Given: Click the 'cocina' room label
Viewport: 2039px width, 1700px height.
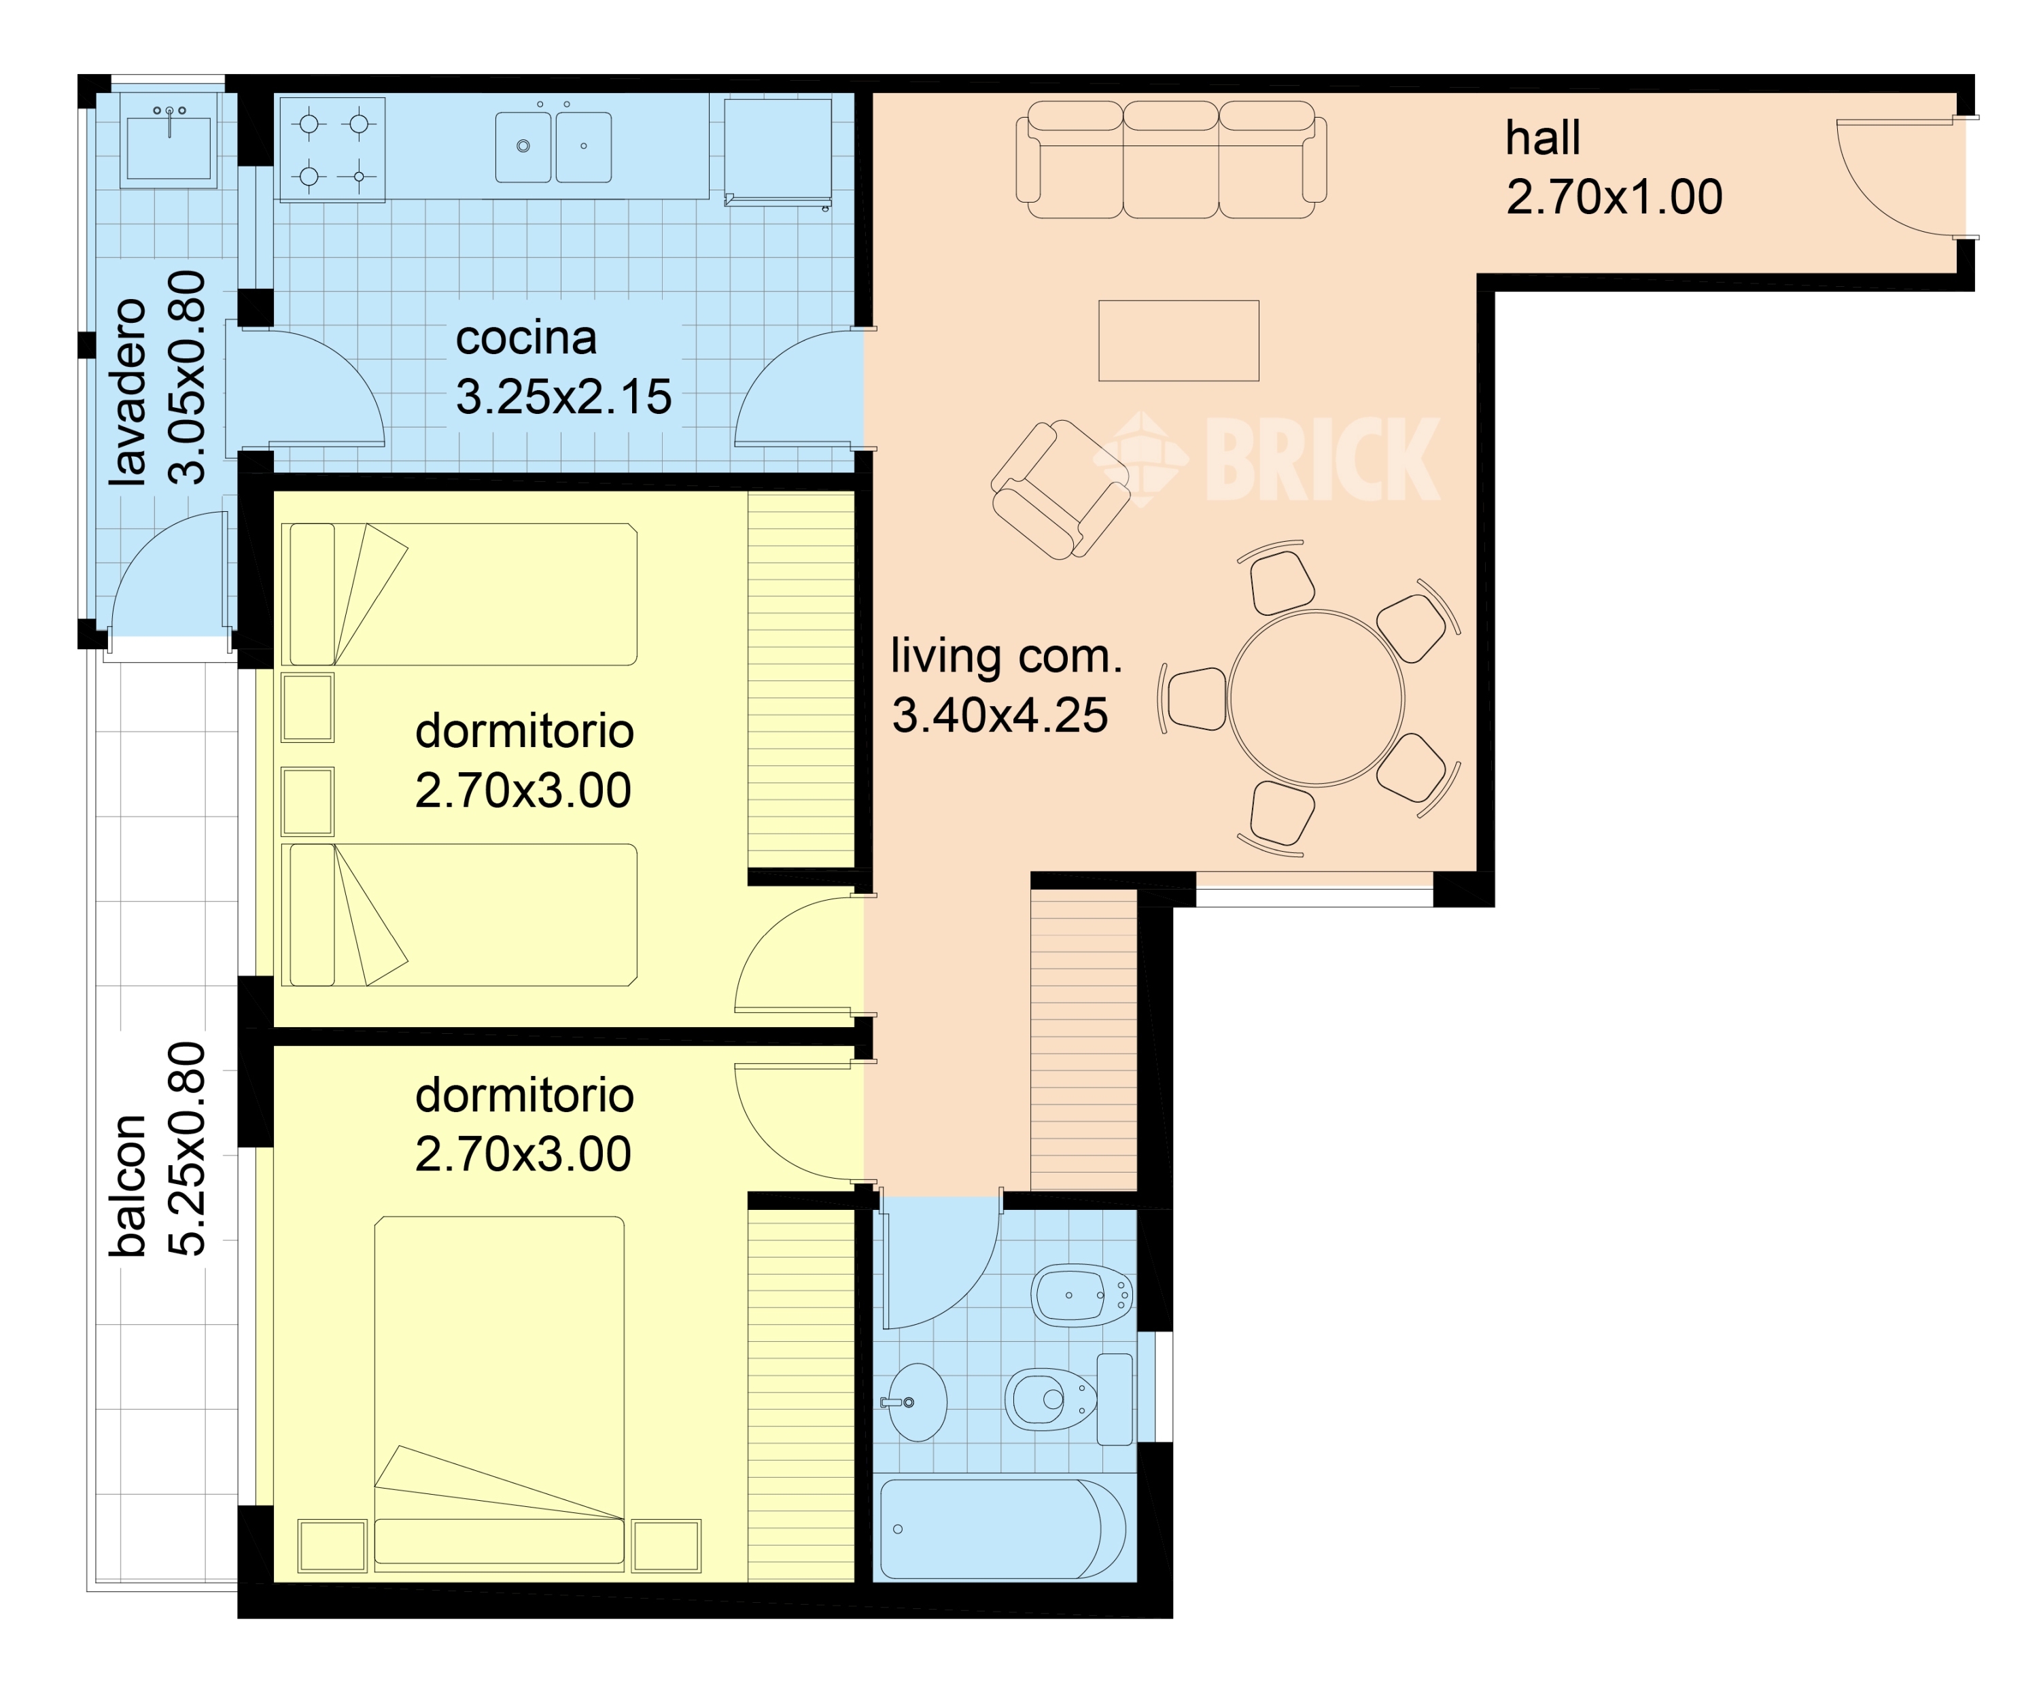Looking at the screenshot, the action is pyautogui.click(x=525, y=338).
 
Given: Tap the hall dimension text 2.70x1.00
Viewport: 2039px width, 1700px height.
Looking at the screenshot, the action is pyautogui.click(x=1614, y=197).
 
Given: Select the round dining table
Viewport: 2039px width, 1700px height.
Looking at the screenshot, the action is pyautogui.click(x=1316, y=698).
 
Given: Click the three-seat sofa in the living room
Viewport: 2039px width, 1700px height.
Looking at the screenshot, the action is pyautogui.click(x=1171, y=159).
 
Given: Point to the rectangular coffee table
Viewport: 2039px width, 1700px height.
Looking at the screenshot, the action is pyautogui.click(x=1179, y=341).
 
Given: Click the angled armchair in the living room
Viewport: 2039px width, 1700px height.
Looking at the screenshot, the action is pyautogui.click(x=1060, y=489).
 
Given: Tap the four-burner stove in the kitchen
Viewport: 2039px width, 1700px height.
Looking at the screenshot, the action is pyautogui.click(x=333, y=150).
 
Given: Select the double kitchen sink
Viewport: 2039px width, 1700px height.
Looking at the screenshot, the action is pyautogui.click(x=553, y=147).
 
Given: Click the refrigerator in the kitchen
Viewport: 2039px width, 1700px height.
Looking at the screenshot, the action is pyautogui.click(x=778, y=152).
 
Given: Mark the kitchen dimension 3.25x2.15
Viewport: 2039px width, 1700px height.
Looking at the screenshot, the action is pyautogui.click(x=564, y=397).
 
